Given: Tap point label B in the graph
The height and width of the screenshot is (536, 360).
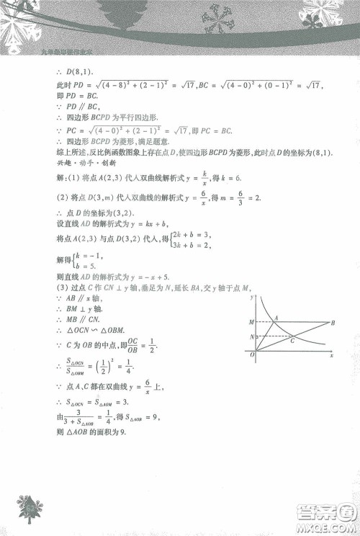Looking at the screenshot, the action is (335, 322).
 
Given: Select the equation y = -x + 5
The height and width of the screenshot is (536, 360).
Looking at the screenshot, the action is (156, 276).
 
